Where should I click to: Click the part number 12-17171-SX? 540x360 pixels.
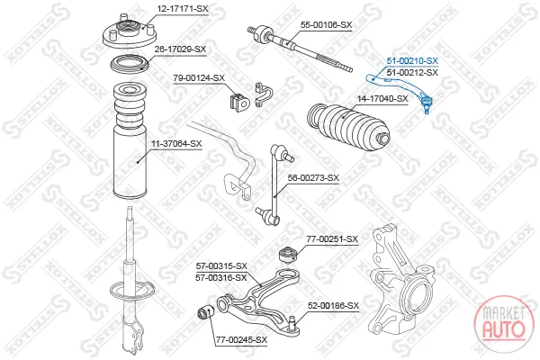coord(183,9)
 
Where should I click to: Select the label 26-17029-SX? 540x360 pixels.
coord(180,49)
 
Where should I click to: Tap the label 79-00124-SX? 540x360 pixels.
coord(199,78)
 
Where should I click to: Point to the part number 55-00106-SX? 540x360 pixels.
coord(326,25)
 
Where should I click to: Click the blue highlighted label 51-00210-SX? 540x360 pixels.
coord(412,61)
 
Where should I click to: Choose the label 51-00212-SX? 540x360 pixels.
coord(412,73)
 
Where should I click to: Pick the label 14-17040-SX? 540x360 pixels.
coord(382,99)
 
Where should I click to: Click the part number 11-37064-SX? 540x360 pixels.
coord(176,144)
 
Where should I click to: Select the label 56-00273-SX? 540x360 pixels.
coord(313,178)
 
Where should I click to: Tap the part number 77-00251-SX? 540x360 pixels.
coord(332,239)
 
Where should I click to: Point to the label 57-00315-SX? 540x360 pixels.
coord(221,266)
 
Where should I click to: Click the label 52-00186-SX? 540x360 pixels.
coord(333,306)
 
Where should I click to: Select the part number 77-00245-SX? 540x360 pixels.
coord(241,340)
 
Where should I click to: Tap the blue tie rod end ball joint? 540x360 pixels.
coord(426,103)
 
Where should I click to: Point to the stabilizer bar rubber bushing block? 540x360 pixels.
coord(238,102)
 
